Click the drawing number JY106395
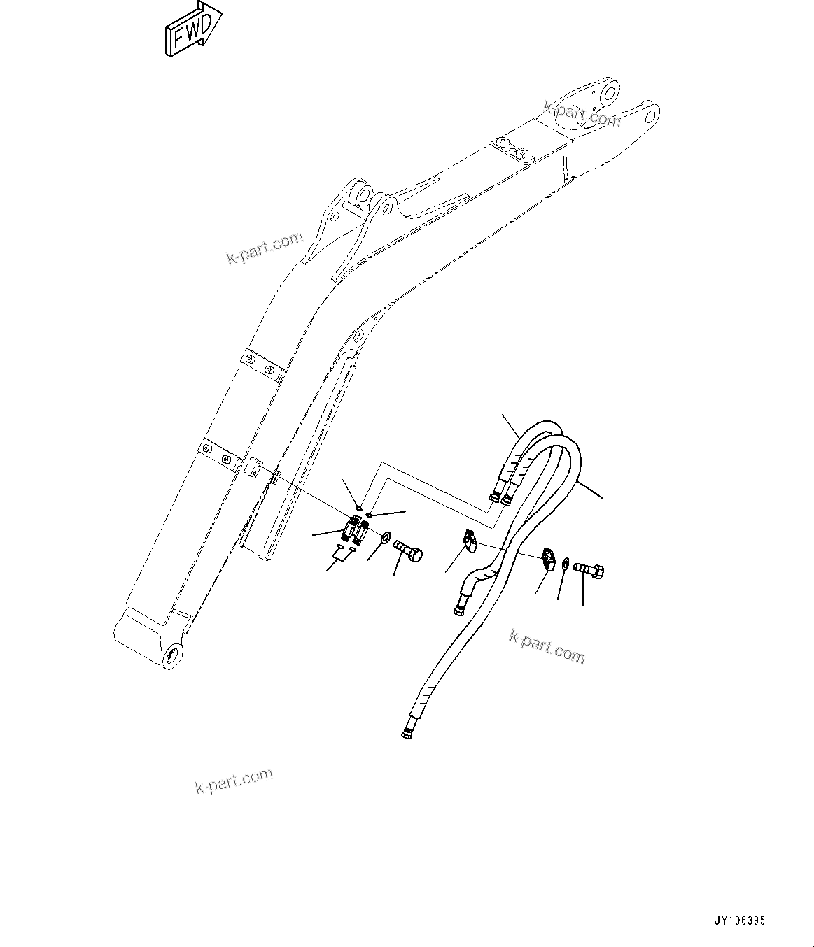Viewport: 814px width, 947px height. (x=739, y=921)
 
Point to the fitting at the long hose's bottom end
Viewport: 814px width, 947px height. (x=407, y=732)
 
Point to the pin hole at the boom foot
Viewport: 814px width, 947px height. (x=172, y=657)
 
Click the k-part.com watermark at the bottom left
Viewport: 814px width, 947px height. (x=234, y=781)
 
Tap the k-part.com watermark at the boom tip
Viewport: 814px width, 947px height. (x=582, y=113)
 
